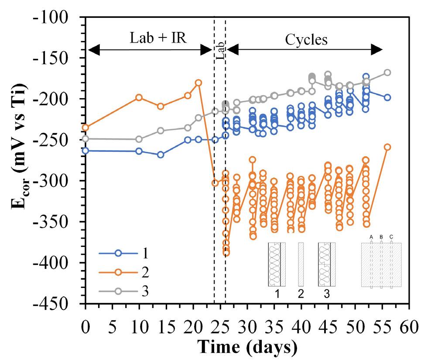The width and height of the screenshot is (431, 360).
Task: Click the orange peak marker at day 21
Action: coord(198,82)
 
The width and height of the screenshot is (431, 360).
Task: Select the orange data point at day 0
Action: coord(86,127)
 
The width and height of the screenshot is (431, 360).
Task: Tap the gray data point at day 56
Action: coord(387,72)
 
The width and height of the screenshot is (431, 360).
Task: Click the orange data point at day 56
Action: coord(387,147)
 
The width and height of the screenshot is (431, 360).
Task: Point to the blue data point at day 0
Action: coord(86,151)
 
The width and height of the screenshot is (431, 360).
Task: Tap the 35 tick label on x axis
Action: coord(274,327)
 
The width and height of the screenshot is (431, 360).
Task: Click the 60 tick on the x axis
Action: coord(409,327)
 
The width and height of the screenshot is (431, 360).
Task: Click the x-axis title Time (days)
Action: coord(248,347)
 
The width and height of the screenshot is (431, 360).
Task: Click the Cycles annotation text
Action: coord(306,40)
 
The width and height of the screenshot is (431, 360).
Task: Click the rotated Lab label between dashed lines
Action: coord(220,50)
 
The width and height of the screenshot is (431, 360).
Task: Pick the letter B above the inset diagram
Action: coord(381,237)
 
